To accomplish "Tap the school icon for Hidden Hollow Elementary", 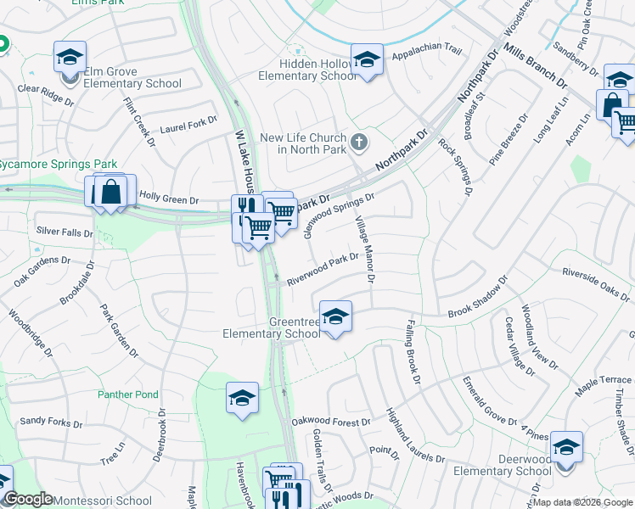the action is (x=367, y=61).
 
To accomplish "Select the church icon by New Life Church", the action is (x=359, y=141).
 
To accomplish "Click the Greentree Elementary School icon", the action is (x=336, y=317).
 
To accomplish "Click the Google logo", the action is (x=29, y=499).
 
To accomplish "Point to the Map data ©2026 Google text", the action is (x=582, y=503).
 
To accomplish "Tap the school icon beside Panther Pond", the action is (x=242, y=398).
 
